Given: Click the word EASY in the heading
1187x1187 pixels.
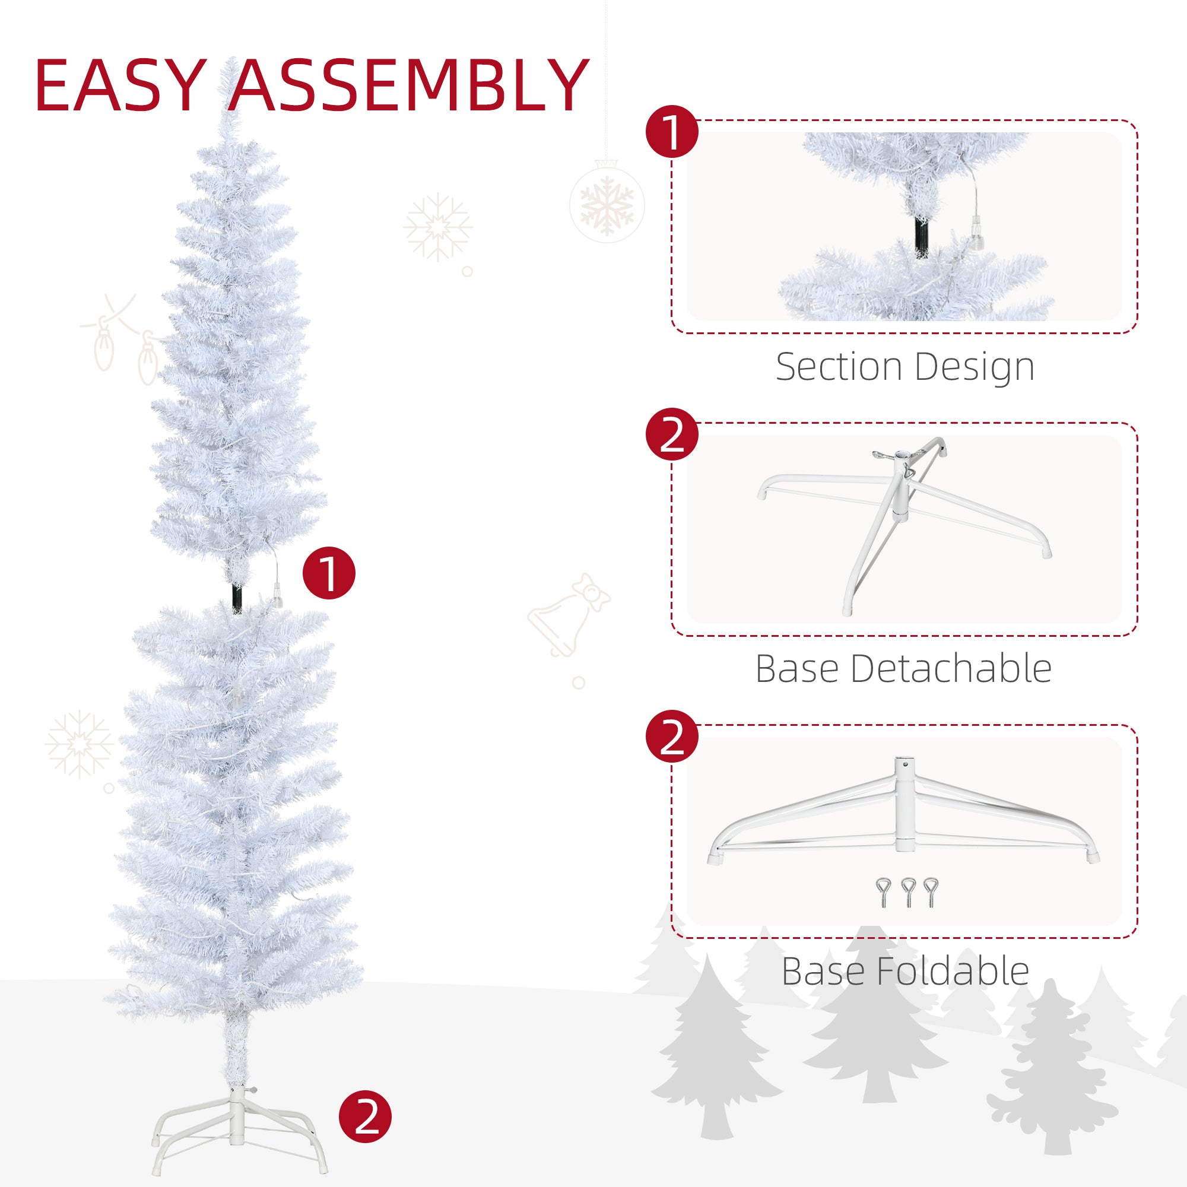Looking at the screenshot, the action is pyautogui.click(x=120, y=85).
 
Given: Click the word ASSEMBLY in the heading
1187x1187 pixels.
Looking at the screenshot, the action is pyautogui.click(x=409, y=85).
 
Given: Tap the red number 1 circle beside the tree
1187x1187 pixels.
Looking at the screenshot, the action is pyautogui.click(x=329, y=573).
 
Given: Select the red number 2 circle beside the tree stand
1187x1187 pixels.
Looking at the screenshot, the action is pyautogui.click(x=365, y=1117).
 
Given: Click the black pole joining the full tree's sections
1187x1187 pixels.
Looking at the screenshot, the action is pyautogui.click(x=237, y=597).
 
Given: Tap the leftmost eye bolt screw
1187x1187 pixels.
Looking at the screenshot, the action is pyautogui.click(x=883, y=893).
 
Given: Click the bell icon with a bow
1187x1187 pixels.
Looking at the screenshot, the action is pyautogui.click(x=569, y=616).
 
